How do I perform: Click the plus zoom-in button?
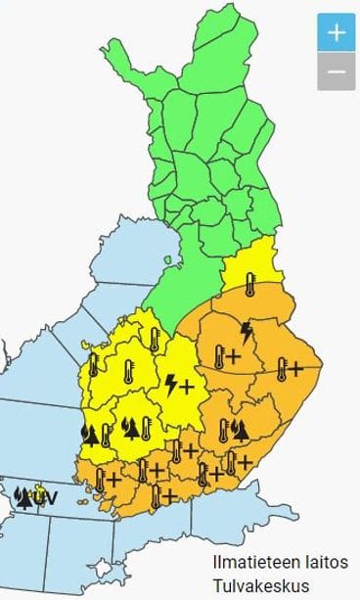pos(336,32)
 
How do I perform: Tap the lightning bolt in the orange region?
pos(247,331)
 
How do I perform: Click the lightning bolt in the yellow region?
pos(173,384)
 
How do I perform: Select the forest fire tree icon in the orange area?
pos(241,428)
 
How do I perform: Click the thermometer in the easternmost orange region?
pos(282,369)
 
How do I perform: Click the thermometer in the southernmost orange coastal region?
pos(156,495)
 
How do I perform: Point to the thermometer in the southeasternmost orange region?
pos(231,462)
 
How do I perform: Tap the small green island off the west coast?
pos(168,260)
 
